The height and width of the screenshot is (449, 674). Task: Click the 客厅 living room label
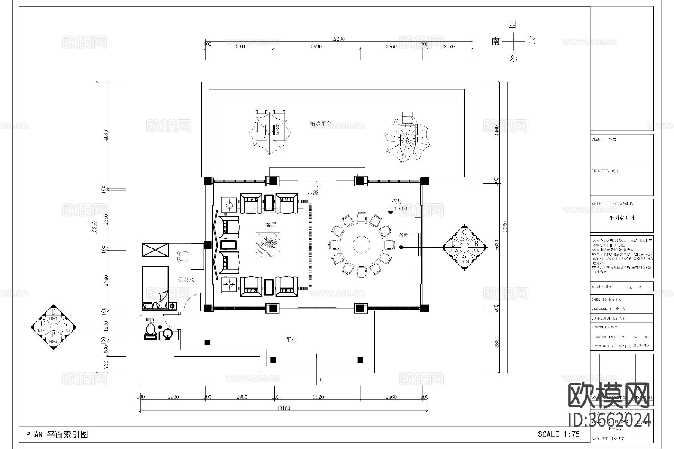[271, 225]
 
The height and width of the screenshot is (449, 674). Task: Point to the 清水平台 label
[321, 123]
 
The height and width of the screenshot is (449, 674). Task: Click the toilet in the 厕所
[151, 332]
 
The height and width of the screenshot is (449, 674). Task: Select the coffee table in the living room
[267, 245]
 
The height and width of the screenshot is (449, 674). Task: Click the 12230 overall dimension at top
[338, 39]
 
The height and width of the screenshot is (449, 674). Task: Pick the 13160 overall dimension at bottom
[283, 408]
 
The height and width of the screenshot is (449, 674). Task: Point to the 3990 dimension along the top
[316, 46]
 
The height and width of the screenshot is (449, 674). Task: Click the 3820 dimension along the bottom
[318, 397]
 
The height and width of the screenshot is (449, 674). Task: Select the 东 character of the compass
[513, 58]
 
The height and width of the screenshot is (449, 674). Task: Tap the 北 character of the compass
[531, 41]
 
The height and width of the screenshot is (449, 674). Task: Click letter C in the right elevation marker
[464, 232]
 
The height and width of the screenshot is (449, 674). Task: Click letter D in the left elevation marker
[54, 312]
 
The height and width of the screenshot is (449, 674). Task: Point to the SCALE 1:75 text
[558, 434]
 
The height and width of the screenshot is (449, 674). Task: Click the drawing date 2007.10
[641, 346]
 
